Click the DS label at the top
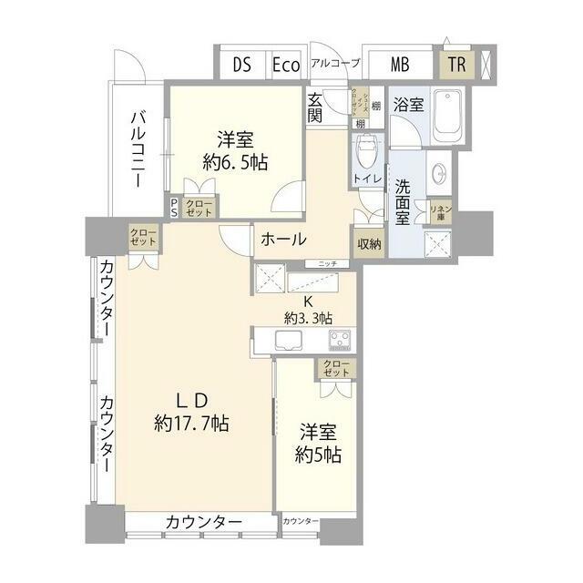(241, 65)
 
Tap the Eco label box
(286, 65)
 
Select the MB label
(399, 65)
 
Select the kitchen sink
(291, 341)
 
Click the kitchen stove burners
(339, 341)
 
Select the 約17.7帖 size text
(191, 424)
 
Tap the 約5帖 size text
(317, 453)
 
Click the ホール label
(282, 240)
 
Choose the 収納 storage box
(369, 242)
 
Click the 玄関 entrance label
(315, 107)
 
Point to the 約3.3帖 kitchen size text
(308, 318)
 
